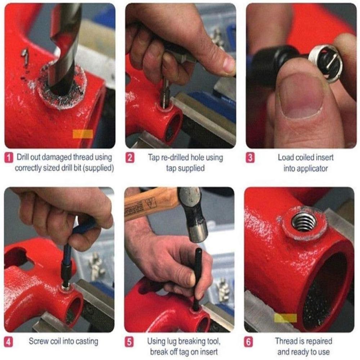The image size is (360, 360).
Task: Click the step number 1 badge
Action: (9, 158)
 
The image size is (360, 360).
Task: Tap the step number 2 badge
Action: (130, 158)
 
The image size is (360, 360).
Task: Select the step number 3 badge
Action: (251, 158)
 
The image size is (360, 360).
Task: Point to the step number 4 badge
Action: (9, 341)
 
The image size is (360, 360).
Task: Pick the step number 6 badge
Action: (248, 341)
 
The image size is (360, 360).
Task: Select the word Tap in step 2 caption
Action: (154, 157)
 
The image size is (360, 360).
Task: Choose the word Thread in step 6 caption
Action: (286, 341)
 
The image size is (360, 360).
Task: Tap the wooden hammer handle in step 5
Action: (151, 207)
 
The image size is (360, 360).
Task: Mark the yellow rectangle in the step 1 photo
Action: (83, 134)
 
